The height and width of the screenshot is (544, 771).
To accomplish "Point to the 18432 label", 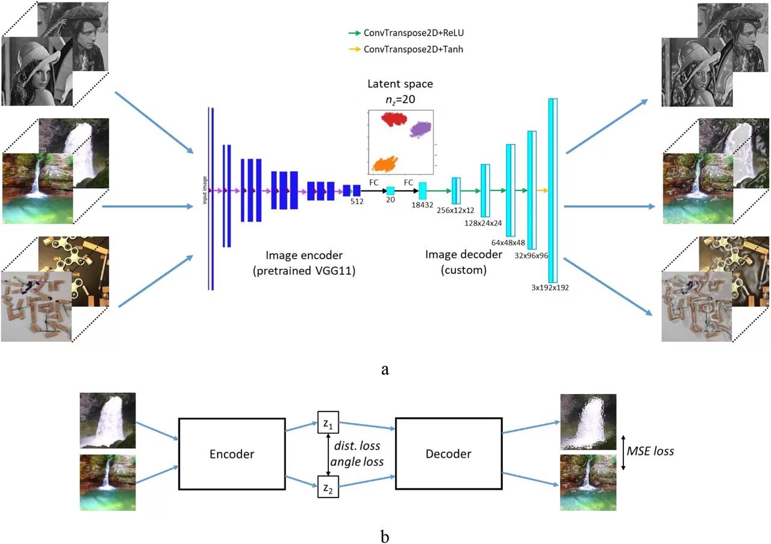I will pos(423,205).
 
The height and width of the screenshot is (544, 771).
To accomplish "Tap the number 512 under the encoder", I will pos(357,202).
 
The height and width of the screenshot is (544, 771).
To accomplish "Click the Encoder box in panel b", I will pos(232,454).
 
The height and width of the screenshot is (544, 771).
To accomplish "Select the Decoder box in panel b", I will pos(448,454).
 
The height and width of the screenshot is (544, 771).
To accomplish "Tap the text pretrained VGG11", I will pos(304,270).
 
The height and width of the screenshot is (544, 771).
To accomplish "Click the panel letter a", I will pos(385,369).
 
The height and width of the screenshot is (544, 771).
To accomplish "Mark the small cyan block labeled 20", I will pos(390,190).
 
